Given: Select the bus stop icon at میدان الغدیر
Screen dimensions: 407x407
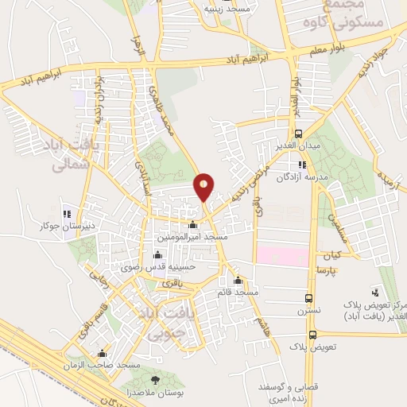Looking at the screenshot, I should (298, 134).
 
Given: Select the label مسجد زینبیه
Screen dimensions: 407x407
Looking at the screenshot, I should (223, 9).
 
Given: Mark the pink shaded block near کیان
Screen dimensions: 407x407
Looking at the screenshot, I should (282, 256).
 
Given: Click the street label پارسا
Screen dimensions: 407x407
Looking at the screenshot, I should (348, 269).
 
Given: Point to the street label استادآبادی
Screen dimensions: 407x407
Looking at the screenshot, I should (147, 168).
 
